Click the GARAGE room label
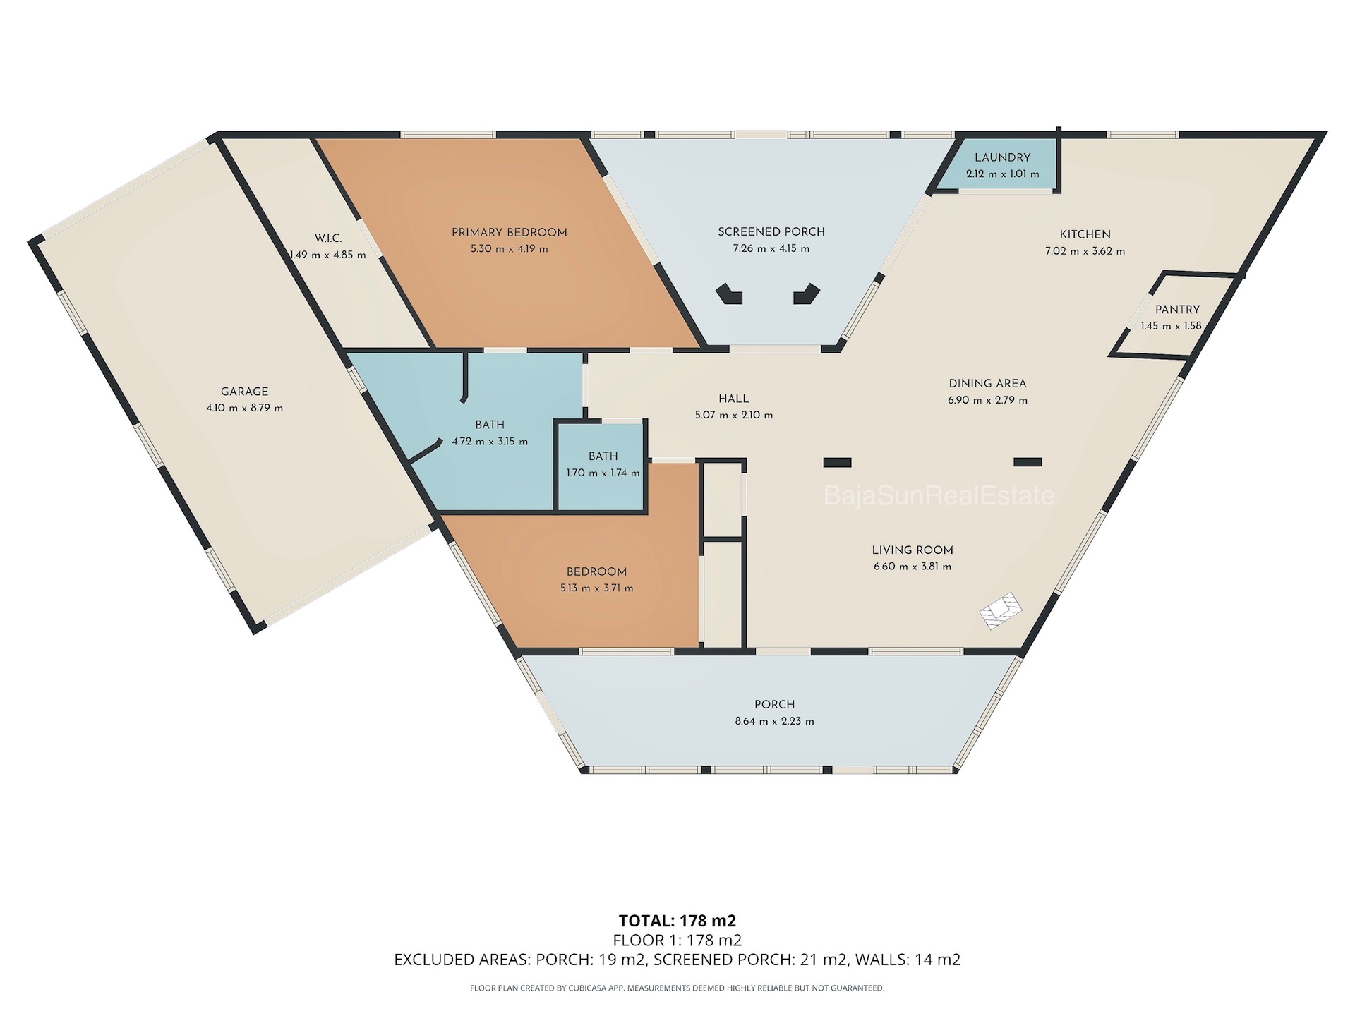click(244, 392)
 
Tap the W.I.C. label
click(328, 238)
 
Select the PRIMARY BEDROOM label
click(509, 232)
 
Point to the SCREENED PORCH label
click(771, 231)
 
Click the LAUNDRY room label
click(1002, 157)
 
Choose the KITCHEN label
click(1085, 234)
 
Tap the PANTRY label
click(1177, 310)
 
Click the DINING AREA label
click(987, 384)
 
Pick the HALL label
click(734, 399)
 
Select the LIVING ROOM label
click(913, 550)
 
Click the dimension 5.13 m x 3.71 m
click(596, 588)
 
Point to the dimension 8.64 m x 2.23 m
click(775, 722)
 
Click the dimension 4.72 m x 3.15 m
click(490, 442)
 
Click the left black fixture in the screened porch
click(730, 294)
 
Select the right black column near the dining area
click(1028, 462)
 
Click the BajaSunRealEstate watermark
click(939, 496)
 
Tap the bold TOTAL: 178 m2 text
click(677, 921)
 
